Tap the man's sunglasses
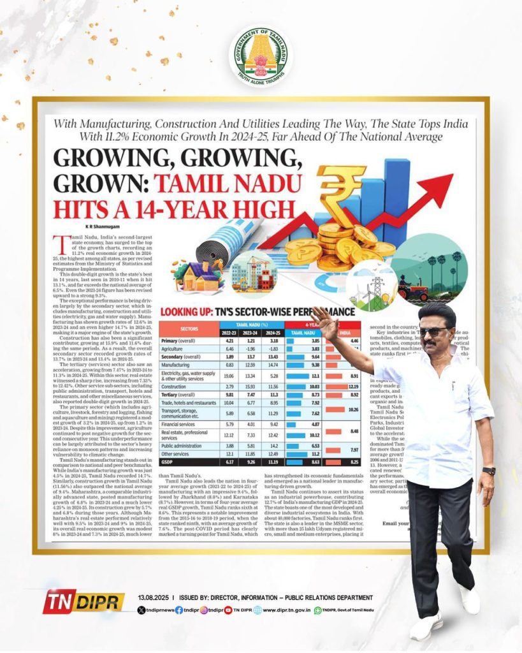(x=434, y=332)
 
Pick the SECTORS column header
(x=191, y=328)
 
